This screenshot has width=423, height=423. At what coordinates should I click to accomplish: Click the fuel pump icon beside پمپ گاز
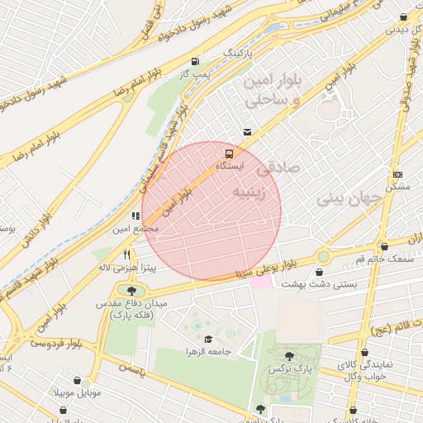[x=194, y=60]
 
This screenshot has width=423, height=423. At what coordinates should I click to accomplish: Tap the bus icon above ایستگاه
[x=229, y=153]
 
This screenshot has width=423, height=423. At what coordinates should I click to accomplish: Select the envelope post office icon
[x=248, y=132]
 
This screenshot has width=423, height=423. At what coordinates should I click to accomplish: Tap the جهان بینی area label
[x=350, y=198]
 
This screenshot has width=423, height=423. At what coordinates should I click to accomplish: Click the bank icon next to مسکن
[x=398, y=174]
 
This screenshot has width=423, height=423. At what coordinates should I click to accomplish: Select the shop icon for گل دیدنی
[x=403, y=17]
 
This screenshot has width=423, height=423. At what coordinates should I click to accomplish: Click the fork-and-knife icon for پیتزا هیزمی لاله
[x=126, y=254]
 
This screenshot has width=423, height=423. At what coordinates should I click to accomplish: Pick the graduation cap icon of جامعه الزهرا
[x=207, y=339]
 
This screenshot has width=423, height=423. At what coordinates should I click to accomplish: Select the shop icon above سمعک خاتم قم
[x=385, y=245]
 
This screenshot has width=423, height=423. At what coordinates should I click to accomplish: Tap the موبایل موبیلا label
[x=78, y=392]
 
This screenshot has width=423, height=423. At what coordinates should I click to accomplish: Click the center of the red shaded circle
[x=211, y=211]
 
